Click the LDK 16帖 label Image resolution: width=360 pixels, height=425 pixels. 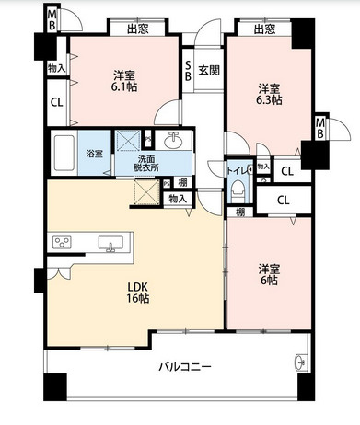coord(135,292)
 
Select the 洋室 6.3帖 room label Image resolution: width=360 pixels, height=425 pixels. coord(269,94)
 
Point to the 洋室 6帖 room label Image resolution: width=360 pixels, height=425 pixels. coord(269,275)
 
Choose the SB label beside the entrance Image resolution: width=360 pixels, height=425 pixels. coord(188,71)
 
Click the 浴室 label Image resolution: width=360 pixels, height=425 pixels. coord(95,154)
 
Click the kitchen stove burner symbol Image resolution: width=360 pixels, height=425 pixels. coord(63,243)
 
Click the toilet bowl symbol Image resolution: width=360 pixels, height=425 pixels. coord(238,190)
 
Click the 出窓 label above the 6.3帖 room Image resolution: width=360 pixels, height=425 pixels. coord(264,29)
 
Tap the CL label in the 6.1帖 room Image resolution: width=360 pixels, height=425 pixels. coord(56,103)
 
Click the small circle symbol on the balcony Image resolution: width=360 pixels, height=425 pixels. coord(300,359)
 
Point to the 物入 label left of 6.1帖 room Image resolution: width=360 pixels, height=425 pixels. coord(56,67)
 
